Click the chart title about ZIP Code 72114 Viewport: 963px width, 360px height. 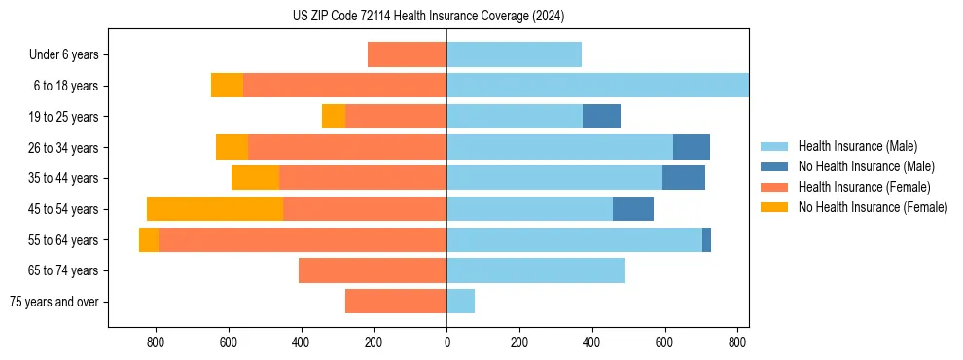click(428, 17)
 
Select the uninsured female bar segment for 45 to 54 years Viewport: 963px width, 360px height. click(215, 209)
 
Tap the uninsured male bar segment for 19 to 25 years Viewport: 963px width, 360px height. click(601, 117)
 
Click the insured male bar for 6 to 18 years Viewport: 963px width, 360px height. click(597, 86)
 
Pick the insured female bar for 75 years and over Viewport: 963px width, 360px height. click(396, 302)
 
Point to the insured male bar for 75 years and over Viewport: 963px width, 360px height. click(461, 302)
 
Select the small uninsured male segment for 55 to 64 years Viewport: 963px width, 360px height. click(706, 240)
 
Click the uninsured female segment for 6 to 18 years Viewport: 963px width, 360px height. click(227, 86)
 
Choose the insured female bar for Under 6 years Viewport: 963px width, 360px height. click(407, 54)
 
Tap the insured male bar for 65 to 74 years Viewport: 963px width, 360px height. click(536, 270)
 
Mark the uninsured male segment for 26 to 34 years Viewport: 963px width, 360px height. click(692, 147)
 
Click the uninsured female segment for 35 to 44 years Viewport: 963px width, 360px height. click(255, 178)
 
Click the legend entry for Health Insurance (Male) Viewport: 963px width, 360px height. click(857, 146)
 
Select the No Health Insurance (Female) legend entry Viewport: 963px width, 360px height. click(873, 207)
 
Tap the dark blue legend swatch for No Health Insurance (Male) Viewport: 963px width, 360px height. click(774, 166)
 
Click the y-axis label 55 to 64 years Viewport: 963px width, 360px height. click(64, 240)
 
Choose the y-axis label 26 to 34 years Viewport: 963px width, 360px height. click(64, 148)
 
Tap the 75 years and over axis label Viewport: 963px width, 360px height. click(55, 302)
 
